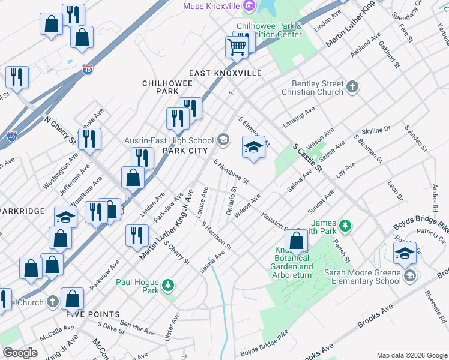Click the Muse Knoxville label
click(211, 6)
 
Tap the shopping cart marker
click(237, 46)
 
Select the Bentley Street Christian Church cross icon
click(352, 88)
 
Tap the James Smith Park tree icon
click(345, 226)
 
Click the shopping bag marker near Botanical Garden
click(297, 241)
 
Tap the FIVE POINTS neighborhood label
click(93, 314)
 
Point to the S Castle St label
click(308, 157)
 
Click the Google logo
click(20, 353)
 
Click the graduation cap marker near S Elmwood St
click(253, 147)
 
